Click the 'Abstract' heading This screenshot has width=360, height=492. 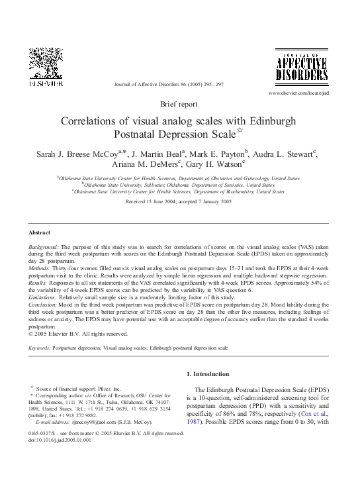40,232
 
